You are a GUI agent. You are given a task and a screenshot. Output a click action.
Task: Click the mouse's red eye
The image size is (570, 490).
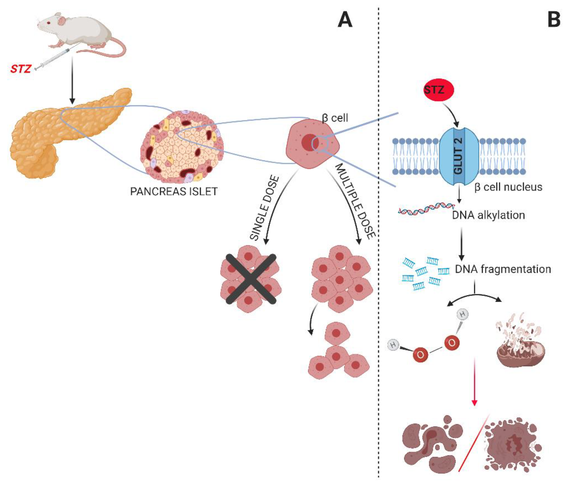point(48,23)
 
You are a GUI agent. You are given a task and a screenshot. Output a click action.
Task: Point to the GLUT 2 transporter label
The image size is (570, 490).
point(459,156)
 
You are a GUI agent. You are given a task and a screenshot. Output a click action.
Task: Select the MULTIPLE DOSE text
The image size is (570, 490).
point(355,201)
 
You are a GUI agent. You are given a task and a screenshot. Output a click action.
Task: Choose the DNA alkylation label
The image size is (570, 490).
point(488,215)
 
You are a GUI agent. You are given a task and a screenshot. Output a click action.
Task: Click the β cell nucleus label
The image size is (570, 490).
point(508,187)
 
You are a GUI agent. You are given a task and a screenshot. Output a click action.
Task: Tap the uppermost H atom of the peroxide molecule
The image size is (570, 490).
point(462,314)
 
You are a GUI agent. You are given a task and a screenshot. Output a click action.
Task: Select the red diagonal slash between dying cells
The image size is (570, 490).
point(474,443)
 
